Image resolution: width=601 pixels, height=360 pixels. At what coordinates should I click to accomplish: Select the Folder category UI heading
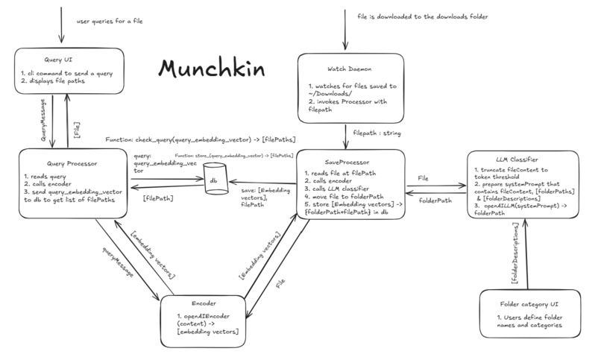pyautogui.click(x=530, y=303)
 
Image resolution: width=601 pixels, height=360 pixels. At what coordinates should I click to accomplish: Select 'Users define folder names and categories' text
pyautogui.click(x=532, y=322)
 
